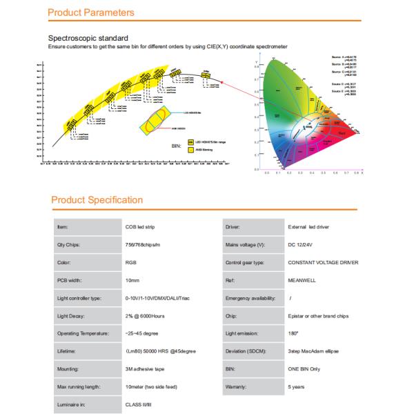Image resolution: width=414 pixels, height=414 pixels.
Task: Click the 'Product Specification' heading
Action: [97, 200]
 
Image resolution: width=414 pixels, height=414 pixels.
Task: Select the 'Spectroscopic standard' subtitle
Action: [88, 38]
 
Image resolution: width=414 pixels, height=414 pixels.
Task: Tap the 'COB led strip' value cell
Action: [141, 226]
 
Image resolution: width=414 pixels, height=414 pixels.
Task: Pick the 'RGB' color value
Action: [131, 262]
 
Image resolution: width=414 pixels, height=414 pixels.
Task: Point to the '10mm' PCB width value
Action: [132, 280]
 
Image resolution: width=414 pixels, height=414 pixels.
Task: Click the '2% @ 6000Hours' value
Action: [146, 316]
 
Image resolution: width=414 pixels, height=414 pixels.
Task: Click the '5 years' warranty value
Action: [297, 388]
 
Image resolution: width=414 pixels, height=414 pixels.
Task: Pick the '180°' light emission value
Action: [293, 334]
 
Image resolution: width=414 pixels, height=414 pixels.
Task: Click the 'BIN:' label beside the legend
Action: [176, 146]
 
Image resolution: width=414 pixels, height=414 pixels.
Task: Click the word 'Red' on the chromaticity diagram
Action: [343, 128]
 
